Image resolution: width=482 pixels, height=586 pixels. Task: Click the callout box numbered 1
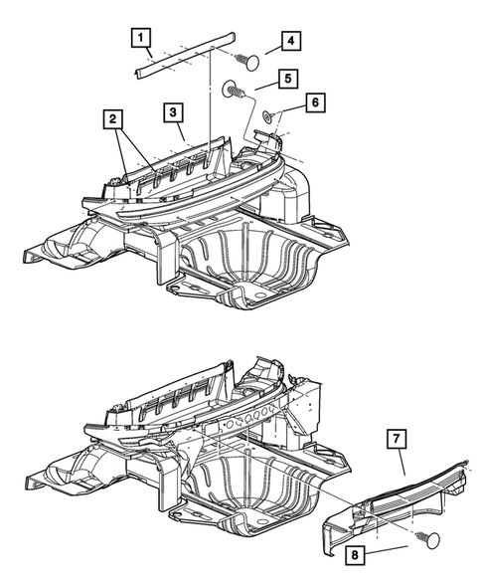point(143,39)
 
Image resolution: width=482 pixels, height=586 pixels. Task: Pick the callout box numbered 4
point(289,41)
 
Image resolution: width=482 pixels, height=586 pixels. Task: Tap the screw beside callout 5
point(235,90)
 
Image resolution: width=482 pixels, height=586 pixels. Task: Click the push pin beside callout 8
point(432,540)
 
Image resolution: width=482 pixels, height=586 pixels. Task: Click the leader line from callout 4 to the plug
point(269,51)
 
